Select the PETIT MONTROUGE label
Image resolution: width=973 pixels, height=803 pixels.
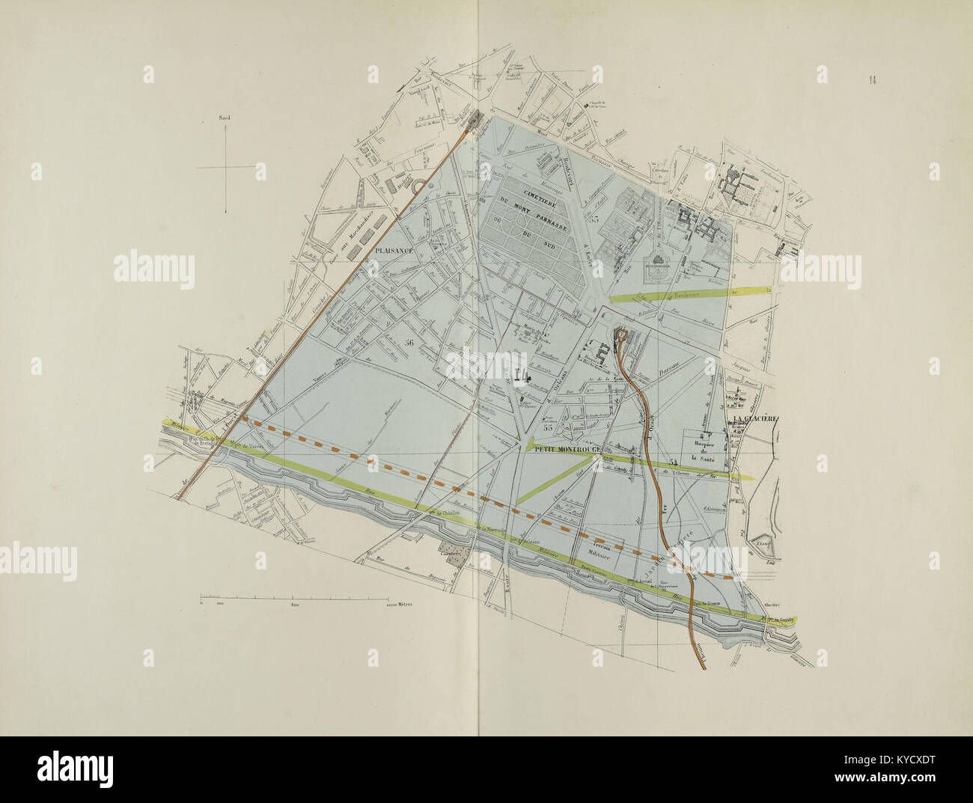coord(564,451)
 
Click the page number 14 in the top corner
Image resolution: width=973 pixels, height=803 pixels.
coord(874,81)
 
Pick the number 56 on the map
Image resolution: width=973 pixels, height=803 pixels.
coord(408,342)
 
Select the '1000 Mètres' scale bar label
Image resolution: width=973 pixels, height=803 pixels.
coord(400,603)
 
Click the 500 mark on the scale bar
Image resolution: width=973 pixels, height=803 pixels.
coord(295,603)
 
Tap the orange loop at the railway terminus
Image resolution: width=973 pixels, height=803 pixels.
coord(620,335)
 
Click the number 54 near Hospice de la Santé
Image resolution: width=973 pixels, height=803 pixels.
coord(674,462)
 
